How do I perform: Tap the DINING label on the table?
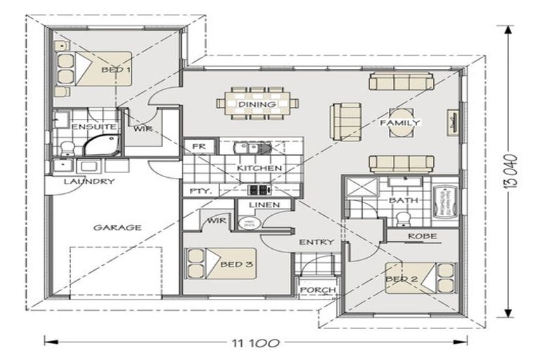[252, 105]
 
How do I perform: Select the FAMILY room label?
[400, 123]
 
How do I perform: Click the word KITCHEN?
[259, 169]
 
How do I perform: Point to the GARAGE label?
[118, 227]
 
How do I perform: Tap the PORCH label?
[318, 290]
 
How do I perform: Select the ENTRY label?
[316, 242]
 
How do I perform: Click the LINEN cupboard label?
[263, 205]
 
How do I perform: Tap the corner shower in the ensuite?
[100, 146]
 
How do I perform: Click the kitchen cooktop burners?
[259, 190]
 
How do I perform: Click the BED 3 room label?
[231, 264]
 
